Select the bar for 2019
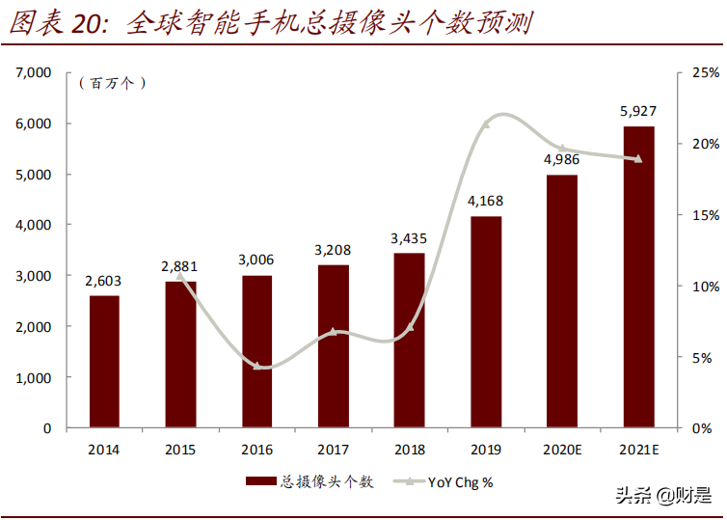(x=486, y=322)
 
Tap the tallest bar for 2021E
(x=638, y=277)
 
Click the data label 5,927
(x=638, y=112)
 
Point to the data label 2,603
(x=104, y=281)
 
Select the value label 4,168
(x=486, y=202)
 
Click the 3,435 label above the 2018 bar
(x=409, y=238)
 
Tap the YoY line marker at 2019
(x=486, y=123)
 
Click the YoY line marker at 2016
(x=256, y=366)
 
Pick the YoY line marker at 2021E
(x=638, y=159)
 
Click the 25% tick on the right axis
(x=705, y=72)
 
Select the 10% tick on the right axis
(x=705, y=287)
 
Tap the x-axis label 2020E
(x=562, y=450)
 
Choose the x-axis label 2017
(x=333, y=450)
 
